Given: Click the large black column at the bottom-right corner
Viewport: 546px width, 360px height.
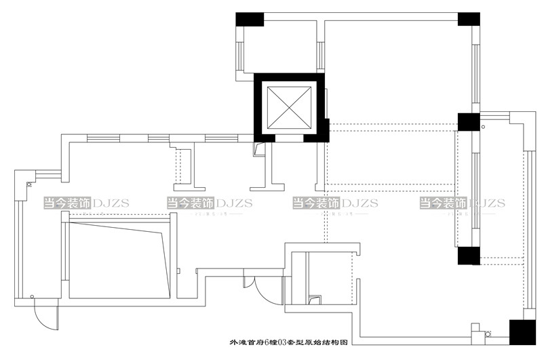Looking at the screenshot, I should (521, 333).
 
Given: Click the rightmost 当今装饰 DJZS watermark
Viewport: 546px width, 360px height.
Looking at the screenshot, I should (462, 203).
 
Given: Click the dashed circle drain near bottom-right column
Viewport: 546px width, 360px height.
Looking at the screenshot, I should (486, 334).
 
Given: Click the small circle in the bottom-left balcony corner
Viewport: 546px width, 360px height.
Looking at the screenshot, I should (32, 296).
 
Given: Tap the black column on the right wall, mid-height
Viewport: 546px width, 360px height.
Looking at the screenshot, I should (468, 122).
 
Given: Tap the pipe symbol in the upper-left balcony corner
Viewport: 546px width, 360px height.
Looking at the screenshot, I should (28, 182).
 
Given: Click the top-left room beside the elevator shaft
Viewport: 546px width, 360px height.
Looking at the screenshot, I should (277, 46).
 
